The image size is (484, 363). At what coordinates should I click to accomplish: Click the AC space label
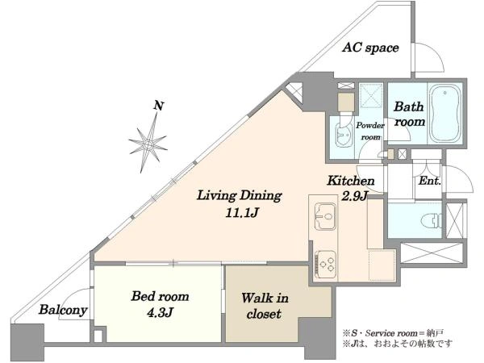370,48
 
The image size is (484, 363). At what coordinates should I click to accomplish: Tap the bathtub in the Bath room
444,113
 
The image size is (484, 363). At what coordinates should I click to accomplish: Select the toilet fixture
432,220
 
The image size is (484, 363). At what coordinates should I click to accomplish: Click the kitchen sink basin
325,216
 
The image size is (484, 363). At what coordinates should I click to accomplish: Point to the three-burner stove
325,261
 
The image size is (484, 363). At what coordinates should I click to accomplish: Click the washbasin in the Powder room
344,136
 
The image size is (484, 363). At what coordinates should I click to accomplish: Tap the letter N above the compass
159,106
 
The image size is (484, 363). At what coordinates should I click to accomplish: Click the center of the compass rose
148,144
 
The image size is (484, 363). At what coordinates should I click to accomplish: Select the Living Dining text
240,196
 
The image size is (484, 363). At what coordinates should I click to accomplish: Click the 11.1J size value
241,213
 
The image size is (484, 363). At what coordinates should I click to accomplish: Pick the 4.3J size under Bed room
159,313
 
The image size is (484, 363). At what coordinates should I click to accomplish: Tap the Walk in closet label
265,307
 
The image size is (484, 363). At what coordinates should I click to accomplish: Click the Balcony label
63,310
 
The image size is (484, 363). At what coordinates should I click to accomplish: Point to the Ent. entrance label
429,181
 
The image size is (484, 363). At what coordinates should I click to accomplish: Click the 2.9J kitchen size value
355,196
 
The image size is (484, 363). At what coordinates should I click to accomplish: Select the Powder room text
370,131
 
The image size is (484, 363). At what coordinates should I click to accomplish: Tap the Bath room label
409,115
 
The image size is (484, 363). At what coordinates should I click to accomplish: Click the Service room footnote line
393,333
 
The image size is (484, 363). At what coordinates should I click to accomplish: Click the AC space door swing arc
436,52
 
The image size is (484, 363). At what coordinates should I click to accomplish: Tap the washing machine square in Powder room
346,102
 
